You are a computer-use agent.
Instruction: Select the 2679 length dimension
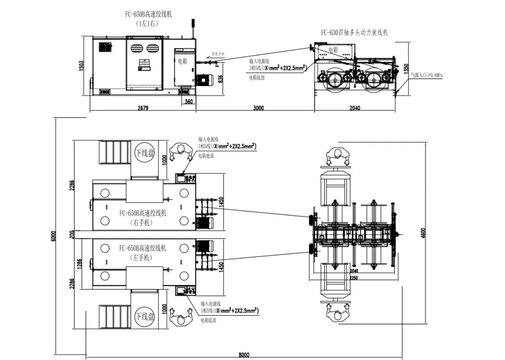[142, 108]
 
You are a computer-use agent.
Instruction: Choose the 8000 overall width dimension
[243, 355]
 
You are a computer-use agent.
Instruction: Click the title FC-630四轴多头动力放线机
[355, 32]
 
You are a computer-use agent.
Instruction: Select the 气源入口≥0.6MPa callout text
[426, 74]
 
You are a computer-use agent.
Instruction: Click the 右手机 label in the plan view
[142, 223]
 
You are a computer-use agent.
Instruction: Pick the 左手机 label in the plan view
[142, 258]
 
